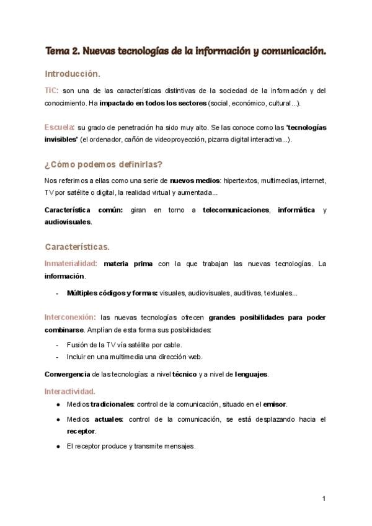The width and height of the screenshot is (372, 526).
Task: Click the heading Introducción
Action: (x=72, y=74)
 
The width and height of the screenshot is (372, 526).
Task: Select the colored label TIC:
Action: (x=51, y=91)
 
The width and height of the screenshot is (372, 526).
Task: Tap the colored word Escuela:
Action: (x=60, y=127)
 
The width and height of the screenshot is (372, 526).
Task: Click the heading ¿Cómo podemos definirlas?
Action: (x=103, y=164)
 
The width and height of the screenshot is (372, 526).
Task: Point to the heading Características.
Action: (x=77, y=247)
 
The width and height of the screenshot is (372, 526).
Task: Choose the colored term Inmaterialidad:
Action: (x=71, y=264)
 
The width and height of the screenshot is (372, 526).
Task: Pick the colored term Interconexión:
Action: (x=69, y=316)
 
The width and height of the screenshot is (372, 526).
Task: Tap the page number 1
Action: (x=324, y=498)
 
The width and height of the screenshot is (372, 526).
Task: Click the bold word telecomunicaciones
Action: (x=236, y=210)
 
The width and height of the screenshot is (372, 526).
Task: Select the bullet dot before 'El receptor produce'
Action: (x=58, y=446)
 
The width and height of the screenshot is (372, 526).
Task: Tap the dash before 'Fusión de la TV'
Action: (x=57, y=345)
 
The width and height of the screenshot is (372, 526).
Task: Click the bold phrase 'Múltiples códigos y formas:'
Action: (x=112, y=293)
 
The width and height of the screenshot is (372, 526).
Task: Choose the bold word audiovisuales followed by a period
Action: (x=67, y=222)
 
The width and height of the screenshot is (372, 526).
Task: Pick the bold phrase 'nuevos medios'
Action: (x=192, y=181)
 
